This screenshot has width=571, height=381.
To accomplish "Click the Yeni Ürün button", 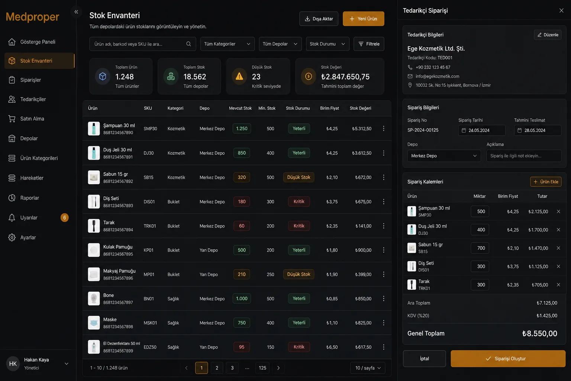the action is [363, 19].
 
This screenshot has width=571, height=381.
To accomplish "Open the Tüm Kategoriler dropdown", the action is [227, 44].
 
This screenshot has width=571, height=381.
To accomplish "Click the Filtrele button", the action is [369, 44].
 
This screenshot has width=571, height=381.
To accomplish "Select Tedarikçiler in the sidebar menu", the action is [33, 99].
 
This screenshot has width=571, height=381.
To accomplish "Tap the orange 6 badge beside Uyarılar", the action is [64, 217].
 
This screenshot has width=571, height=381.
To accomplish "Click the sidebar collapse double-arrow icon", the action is [76, 12].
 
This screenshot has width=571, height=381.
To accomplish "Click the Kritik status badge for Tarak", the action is [299, 226].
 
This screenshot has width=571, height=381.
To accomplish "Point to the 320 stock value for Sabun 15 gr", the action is [242, 177].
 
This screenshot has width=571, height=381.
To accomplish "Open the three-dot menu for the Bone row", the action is [383, 298].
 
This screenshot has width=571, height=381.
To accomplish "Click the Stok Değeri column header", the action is [360, 108].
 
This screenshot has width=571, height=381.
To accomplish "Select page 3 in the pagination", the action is [232, 368].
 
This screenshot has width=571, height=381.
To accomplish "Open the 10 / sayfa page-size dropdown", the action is [368, 368].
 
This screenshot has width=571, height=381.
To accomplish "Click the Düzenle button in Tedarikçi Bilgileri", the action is [548, 35].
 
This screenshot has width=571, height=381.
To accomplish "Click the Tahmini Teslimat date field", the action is [537, 130].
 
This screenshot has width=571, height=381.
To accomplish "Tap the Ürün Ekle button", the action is [545, 182].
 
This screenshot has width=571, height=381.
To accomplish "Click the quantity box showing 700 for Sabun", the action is [480, 248].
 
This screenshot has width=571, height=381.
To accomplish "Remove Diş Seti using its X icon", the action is [558, 266].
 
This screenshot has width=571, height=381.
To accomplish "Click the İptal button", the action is [424, 359].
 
